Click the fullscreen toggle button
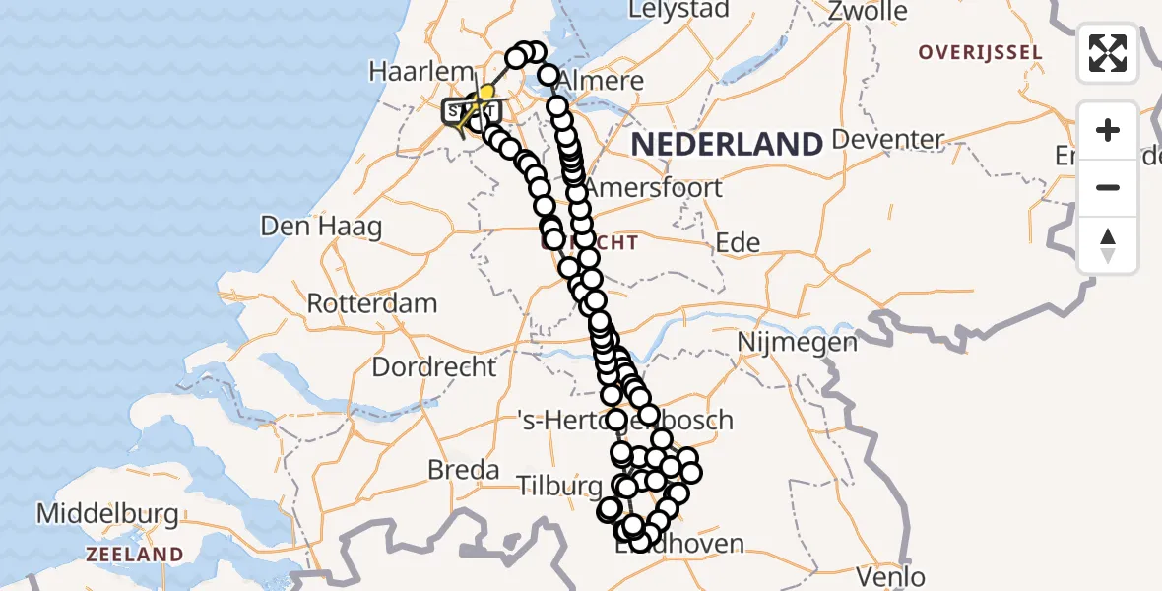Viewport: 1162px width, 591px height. click(1108, 53)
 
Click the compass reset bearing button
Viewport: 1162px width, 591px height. click(1108, 245)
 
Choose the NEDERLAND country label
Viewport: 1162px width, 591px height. click(727, 145)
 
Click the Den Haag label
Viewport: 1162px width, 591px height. click(321, 227)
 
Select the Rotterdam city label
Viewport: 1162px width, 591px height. click(372, 303)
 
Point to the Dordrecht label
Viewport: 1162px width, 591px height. click(434, 367)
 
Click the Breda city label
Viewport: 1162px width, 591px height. click(464, 471)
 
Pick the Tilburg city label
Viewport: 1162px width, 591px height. click(559, 486)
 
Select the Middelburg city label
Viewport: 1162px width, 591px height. click(107, 514)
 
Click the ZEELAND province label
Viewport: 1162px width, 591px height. click(134, 555)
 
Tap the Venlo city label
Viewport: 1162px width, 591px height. click(891, 576)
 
